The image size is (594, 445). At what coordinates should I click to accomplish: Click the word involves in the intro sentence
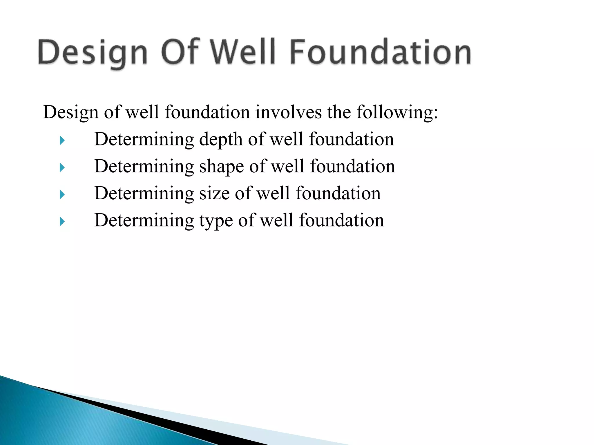click(288, 112)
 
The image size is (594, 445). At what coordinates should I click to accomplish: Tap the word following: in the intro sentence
click(397, 112)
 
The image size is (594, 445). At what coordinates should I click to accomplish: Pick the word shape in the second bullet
click(221, 167)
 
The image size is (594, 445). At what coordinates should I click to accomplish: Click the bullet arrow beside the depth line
click(62, 141)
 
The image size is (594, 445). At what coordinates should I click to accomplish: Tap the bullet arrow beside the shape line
click(62, 167)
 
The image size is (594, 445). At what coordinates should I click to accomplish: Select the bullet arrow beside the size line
click(62, 194)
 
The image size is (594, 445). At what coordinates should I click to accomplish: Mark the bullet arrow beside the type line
click(62, 222)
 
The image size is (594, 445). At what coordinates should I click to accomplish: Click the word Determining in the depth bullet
click(144, 140)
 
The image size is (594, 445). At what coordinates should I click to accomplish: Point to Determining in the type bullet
click(144, 221)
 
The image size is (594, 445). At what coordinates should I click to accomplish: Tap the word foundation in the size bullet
click(338, 194)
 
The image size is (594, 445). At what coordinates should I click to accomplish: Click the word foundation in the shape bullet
click(352, 167)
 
